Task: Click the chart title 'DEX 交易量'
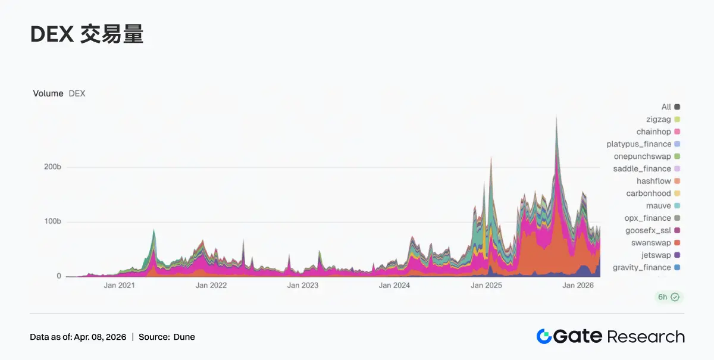[87, 35]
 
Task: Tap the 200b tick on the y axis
[52, 167]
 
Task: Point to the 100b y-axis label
[52, 222]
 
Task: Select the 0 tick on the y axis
[58, 276]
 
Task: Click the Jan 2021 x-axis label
[119, 286]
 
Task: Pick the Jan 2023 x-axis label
[303, 286]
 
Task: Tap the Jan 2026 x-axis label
[578, 286]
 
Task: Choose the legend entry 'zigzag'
[658, 120]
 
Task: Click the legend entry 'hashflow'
[653, 181]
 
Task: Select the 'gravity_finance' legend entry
[641, 268]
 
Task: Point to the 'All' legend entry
[666, 107]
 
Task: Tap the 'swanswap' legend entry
[651, 243]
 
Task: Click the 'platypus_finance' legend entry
[638, 144]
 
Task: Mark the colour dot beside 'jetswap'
[677, 255]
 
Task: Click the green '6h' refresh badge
[669, 297]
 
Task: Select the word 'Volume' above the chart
[48, 93]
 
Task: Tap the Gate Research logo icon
[544, 337]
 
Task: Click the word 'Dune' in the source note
[184, 337]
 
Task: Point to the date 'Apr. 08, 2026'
[100, 337]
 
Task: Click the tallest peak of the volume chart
[556, 118]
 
